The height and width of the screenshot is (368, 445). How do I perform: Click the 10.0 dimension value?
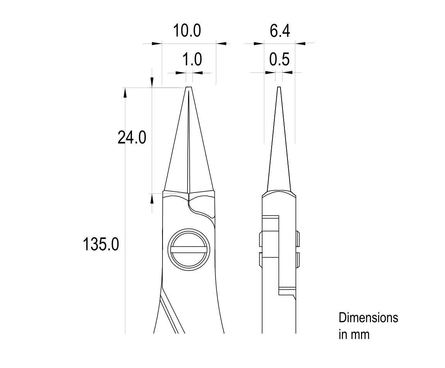(187, 31)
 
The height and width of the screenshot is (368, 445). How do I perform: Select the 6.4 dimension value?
(280, 31)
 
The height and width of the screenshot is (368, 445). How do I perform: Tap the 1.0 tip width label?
(192, 59)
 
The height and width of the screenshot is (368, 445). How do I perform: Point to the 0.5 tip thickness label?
(279, 59)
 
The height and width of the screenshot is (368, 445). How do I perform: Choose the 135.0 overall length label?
(101, 244)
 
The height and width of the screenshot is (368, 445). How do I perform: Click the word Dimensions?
(368, 318)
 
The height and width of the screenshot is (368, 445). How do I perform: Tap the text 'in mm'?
(354, 334)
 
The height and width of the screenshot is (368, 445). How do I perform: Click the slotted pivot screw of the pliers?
(188, 249)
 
